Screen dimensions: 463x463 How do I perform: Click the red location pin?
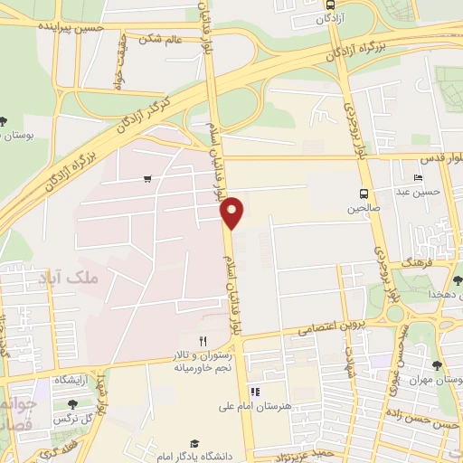point(232,212)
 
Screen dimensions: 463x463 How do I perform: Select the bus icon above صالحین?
point(364,194)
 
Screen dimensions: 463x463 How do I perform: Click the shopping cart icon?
point(147,179)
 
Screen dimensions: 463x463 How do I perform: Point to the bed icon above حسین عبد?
point(417,177)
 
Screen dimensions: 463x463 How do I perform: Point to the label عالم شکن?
point(162,40)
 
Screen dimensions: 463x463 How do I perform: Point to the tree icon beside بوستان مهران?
point(438,365)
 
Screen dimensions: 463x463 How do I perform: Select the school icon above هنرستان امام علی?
point(255,392)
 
